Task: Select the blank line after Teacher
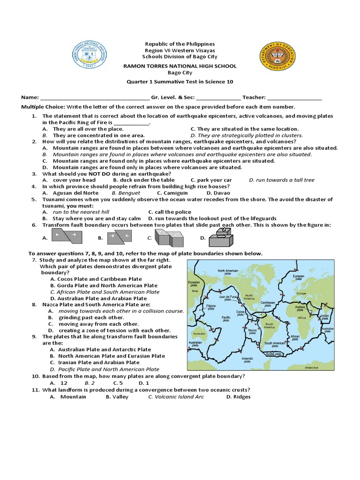(x=295, y=97)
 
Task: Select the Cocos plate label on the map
(x=240, y=312)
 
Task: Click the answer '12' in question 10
(x=64, y=383)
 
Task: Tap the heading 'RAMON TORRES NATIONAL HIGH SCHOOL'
(x=180, y=66)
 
